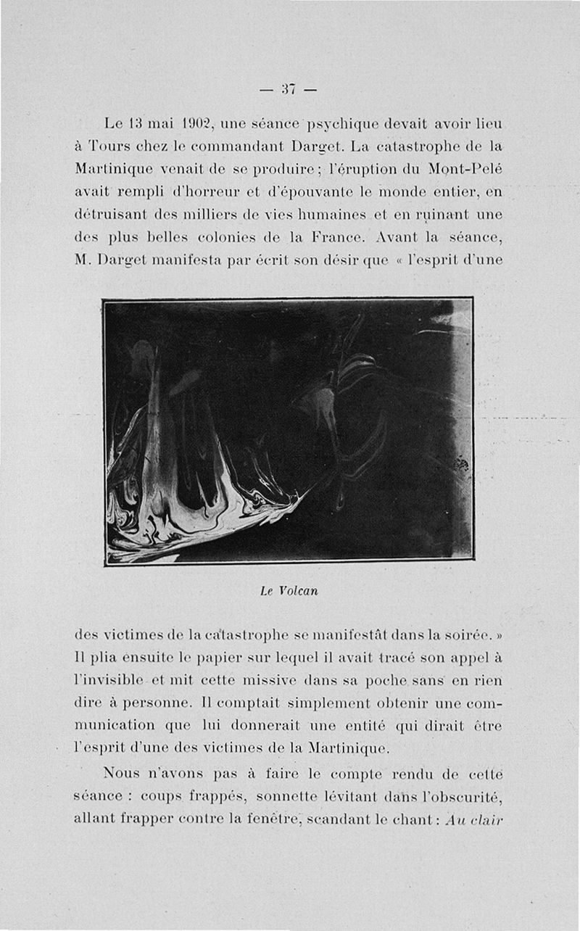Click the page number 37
[x=289, y=89]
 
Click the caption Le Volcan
[x=289, y=590]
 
